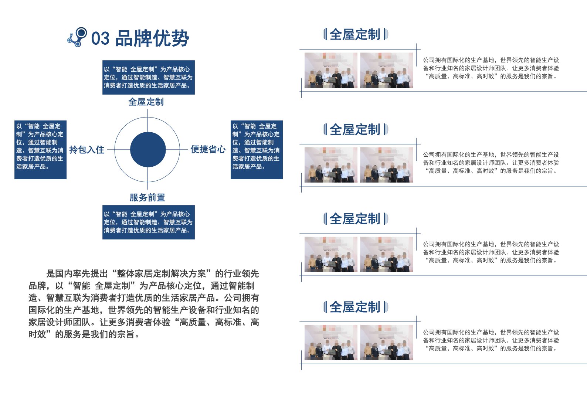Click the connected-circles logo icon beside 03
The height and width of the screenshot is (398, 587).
tap(77, 37)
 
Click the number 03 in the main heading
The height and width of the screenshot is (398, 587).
tap(100, 38)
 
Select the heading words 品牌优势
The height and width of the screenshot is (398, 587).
tap(152, 38)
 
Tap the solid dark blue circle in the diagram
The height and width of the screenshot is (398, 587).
tap(148, 149)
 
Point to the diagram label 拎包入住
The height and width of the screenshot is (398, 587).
tap(87, 150)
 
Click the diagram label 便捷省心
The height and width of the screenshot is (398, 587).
tap(208, 149)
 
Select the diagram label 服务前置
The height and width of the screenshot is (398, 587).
tap(147, 198)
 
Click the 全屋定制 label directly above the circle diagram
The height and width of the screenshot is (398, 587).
tap(146, 102)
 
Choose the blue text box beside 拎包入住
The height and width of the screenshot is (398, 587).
tap(40, 150)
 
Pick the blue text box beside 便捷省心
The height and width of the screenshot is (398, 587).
tap(257, 150)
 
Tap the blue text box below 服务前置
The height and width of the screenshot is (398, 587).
tap(149, 222)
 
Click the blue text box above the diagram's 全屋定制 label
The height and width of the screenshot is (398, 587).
tap(149, 77)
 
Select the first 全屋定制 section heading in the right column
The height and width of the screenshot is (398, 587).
tap(355, 34)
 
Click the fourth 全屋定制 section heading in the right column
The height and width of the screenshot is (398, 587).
tap(355, 307)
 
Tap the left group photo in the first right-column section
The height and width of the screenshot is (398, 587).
tap(331, 70)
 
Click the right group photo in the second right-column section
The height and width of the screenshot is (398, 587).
tap(387, 165)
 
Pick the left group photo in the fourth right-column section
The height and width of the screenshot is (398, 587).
tap(331, 343)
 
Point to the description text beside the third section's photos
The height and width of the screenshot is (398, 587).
tap(491, 252)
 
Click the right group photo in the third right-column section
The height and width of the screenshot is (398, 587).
tap(387, 254)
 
